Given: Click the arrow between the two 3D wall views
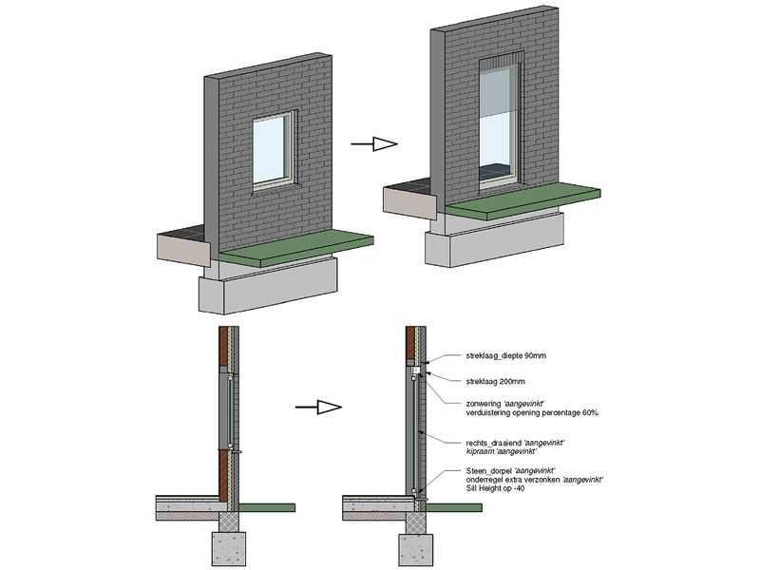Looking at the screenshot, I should pos(371,144).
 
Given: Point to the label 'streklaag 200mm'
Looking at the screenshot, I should pos(482,382).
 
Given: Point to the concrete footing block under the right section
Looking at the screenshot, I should pos(411,549).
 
